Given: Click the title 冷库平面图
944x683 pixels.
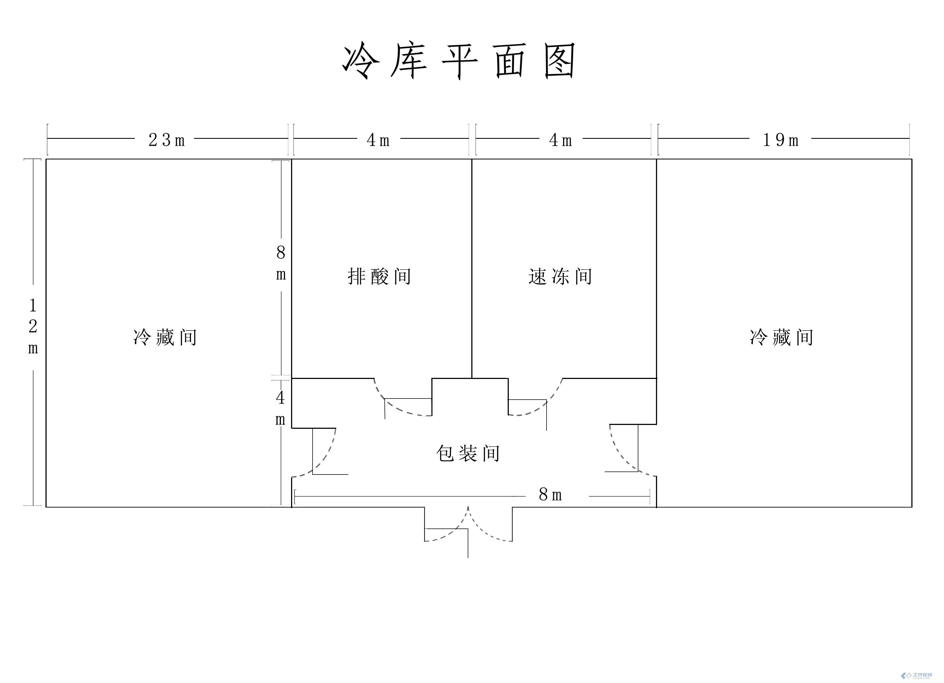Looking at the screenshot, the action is (x=459, y=61).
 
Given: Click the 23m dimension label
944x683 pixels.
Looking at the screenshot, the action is (x=166, y=140).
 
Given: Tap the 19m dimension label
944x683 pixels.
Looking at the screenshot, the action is (x=781, y=140).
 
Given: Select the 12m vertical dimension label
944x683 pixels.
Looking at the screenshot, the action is (x=33, y=327).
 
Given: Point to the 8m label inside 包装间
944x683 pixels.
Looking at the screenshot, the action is (x=550, y=495).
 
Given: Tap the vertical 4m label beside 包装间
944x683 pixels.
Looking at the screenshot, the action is (x=281, y=408).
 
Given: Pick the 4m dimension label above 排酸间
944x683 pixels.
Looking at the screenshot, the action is (x=378, y=140).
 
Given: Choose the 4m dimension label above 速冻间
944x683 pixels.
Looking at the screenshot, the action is (x=560, y=140).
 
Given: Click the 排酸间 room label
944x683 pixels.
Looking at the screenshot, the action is (x=379, y=277).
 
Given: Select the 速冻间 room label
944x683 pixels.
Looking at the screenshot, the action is (x=560, y=277).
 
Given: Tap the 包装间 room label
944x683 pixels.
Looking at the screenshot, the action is (x=468, y=453).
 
